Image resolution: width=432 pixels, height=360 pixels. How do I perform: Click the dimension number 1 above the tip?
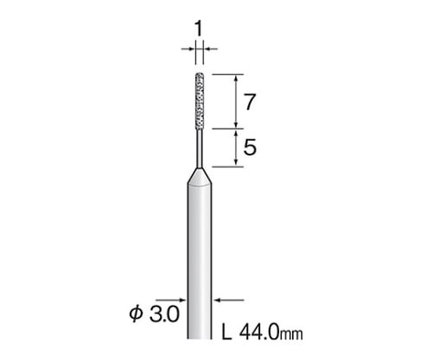[199, 29]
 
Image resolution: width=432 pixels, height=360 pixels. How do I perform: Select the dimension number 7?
[250, 102]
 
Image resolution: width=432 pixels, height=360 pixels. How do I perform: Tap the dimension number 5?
[250, 147]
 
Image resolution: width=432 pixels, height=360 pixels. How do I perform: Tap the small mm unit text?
[291, 335]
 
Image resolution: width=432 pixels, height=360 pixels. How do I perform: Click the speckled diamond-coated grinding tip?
[200, 101]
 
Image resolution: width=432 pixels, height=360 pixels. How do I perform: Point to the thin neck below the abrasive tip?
[200, 148]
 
